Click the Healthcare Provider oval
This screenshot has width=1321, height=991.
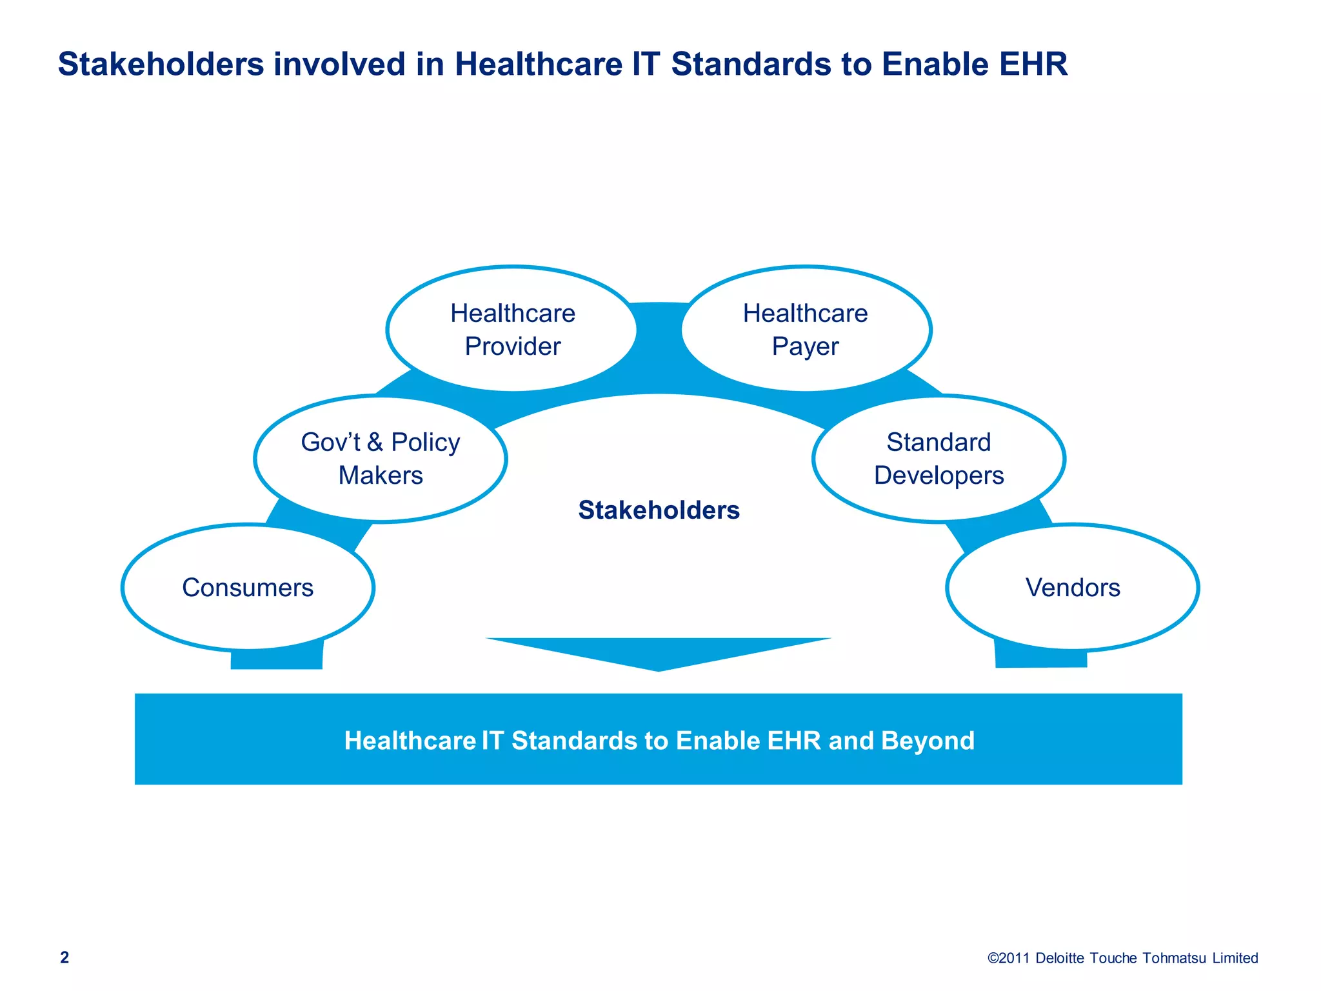tap(512, 329)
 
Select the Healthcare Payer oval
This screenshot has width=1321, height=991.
tap(805, 329)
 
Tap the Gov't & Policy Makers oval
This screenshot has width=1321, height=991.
tap(381, 458)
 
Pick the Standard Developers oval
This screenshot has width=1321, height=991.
tap(939, 458)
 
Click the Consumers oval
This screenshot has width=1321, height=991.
tap(248, 587)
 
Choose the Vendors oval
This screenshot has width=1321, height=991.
tap(1072, 587)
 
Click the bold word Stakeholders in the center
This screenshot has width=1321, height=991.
tap(659, 510)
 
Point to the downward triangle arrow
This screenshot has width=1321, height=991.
tap(659, 652)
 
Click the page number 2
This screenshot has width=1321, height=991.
tap(65, 957)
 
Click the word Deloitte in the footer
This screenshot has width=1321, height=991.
tap(1060, 958)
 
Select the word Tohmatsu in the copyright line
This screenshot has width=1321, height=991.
tap(1174, 958)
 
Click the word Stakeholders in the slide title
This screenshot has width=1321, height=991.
tap(161, 65)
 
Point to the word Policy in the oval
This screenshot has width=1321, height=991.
tap(426, 443)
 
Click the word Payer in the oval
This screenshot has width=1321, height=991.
tap(805, 346)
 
